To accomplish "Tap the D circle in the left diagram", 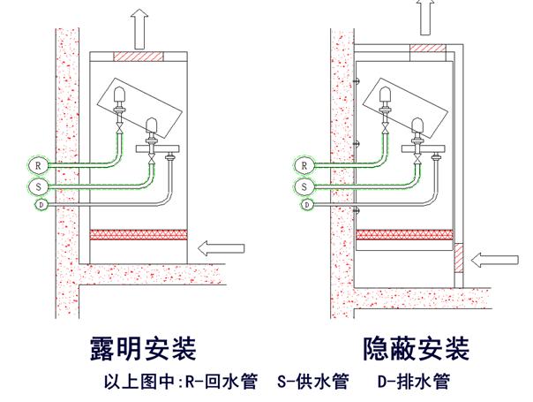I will tap(41, 205).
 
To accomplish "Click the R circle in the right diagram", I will tap(304, 165).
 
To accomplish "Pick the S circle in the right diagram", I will tap(304, 186).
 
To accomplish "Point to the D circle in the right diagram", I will tap(307, 205).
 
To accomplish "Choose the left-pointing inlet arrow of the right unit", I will tap(494, 259).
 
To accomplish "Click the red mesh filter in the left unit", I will tap(139, 237).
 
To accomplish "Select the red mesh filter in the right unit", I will tap(404, 237).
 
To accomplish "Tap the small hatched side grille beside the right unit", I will tap(460, 258).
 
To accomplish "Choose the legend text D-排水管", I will tap(414, 382).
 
